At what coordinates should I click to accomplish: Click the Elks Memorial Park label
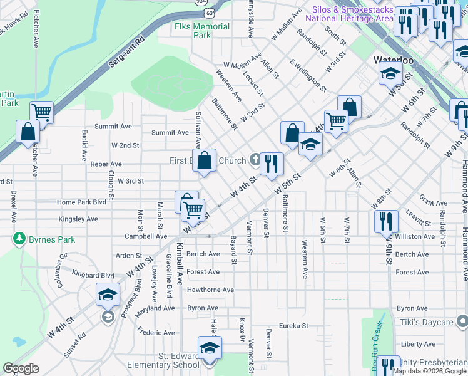202,31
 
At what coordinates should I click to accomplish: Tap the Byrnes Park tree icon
19,239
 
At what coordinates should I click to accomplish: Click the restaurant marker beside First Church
272,164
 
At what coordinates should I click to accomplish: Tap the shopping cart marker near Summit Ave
41,113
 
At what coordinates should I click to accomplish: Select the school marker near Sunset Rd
108,295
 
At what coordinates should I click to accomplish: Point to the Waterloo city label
393,60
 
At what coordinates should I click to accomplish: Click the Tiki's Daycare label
427,322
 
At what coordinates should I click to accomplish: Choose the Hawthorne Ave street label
210,290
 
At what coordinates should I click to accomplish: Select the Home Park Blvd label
81,202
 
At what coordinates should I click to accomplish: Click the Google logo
21,368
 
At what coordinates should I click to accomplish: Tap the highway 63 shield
209,12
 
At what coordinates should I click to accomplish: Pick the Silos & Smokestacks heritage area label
348,14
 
